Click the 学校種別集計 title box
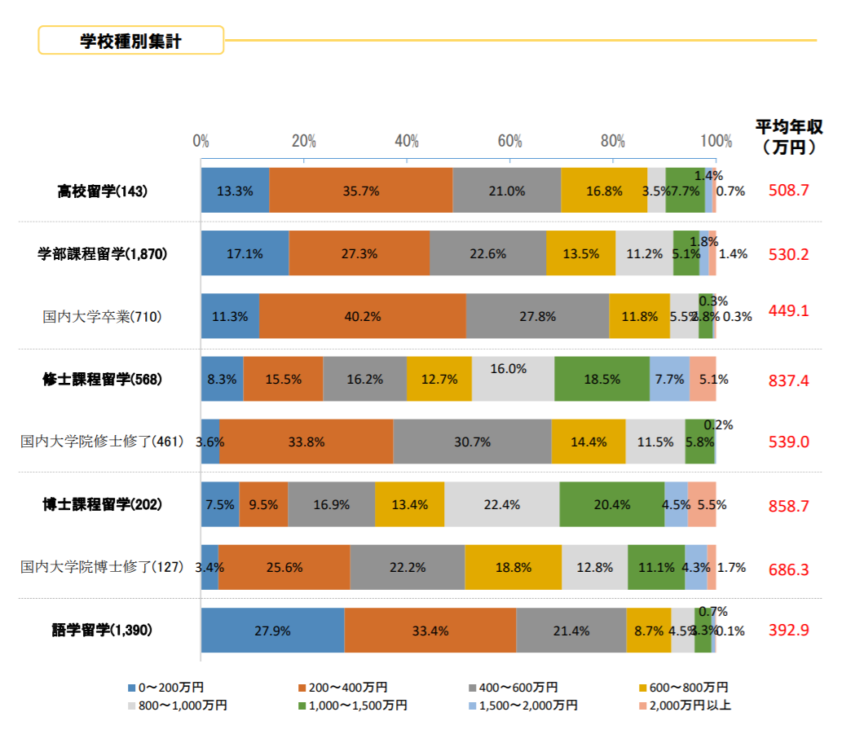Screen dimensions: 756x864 [130, 41]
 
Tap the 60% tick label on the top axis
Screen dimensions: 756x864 [509, 141]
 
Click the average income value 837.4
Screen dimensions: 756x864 [788, 380]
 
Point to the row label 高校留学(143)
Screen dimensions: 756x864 [103, 191]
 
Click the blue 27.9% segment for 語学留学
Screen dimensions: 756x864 [272, 631]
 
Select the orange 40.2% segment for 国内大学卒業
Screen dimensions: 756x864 [362, 316]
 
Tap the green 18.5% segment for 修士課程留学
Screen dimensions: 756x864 [602, 379]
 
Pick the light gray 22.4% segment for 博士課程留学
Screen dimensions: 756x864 [501, 505]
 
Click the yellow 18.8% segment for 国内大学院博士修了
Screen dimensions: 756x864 [513, 568]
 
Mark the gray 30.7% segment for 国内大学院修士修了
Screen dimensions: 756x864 [472, 442]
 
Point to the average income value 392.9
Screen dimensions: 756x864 [788, 631]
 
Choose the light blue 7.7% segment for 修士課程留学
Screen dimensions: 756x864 [669, 379]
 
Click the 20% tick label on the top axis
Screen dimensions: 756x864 [303, 141]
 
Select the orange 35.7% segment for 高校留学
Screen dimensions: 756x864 [360, 191]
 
